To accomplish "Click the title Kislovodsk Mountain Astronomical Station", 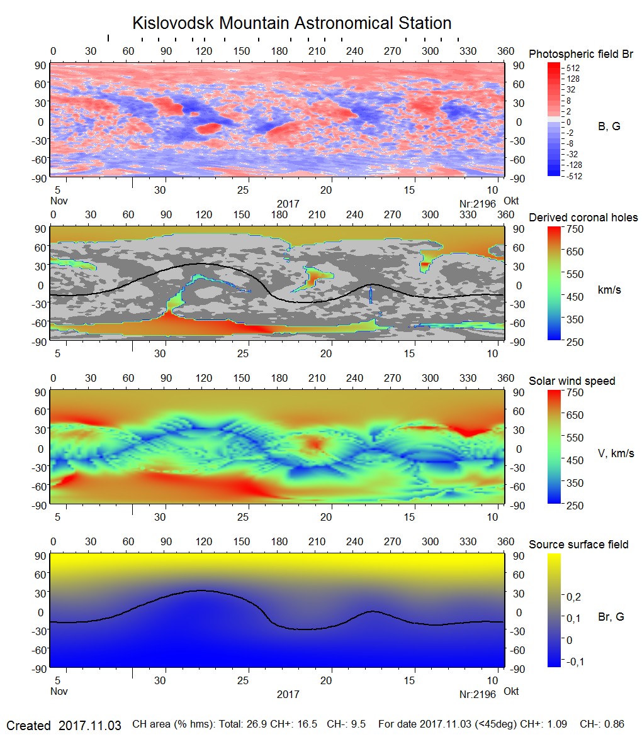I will [291, 23].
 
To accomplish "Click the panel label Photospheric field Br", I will [580, 54].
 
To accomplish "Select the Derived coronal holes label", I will [583, 218].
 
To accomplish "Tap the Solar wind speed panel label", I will [572, 381].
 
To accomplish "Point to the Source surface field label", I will [578, 545].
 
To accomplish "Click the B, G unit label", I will [609, 126].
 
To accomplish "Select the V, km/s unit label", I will [615, 453].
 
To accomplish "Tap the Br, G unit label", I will [611, 617].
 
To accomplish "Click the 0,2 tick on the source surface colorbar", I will [574, 596].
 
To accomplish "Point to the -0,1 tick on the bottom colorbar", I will [575, 662].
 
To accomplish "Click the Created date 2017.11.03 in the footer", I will [89, 725].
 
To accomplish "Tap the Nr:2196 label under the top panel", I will [478, 204].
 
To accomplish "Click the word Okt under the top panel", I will [510, 201].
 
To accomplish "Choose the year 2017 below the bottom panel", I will [288, 695].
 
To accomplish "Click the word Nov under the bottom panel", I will [59, 691].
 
